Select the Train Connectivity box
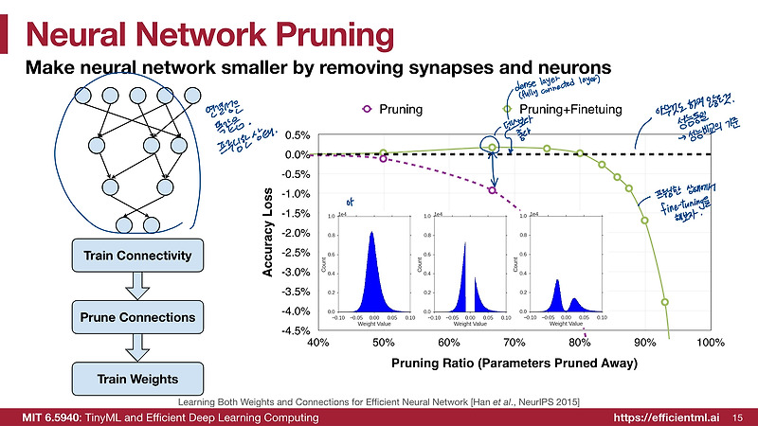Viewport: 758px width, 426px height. pyautogui.click(x=138, y=256)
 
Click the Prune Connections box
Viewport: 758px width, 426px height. pyautogui.click(x=138, y=317)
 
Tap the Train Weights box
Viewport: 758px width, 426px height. pyautogui.click(x=138, y=379)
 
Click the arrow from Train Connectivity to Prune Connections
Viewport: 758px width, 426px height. pyautogui.click(x=138, y=286)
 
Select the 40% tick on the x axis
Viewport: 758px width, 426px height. pyautogui.click(x=317, y=342)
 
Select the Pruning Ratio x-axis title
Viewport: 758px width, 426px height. pyautogui.click(x=514, y=364)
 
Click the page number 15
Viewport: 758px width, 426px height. pyautogui.click(x=737, y=417)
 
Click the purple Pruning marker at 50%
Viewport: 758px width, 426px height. pyautogui.click(x=383, y=159)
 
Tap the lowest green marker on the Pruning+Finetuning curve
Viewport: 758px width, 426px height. pyautogui.click(x=664, y=302)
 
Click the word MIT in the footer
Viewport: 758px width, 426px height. pyautogui.click(x=45, y=417)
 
